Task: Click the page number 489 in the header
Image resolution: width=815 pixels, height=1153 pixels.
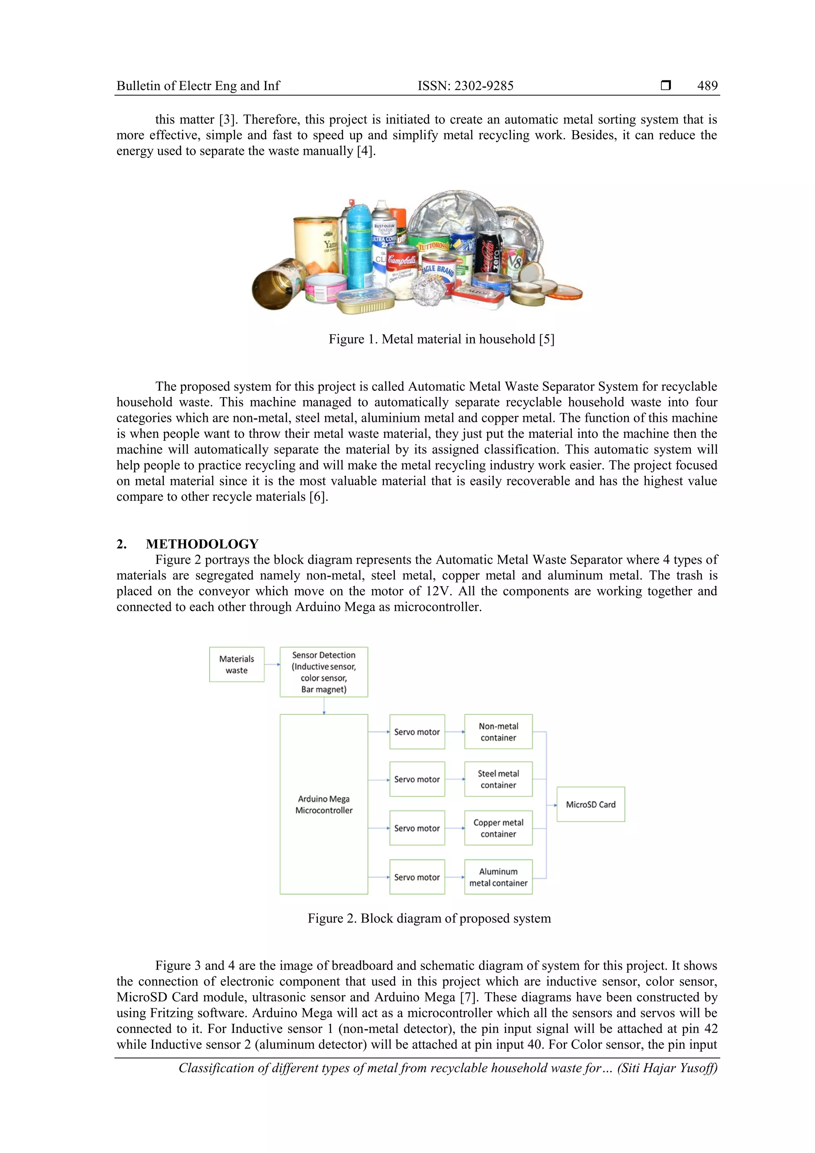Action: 707,86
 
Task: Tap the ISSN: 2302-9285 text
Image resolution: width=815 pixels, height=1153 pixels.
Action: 466,86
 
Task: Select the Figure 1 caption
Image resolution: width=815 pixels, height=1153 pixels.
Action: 441,339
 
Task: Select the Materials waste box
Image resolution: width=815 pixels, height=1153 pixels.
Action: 236,664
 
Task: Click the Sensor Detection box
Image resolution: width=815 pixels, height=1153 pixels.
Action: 324,672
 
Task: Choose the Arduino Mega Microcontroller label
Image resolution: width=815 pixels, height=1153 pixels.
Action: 324,804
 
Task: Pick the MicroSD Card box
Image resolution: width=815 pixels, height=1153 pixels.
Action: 591,804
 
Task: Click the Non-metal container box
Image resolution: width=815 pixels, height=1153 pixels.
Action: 498,732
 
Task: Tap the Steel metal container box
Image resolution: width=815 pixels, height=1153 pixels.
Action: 498,779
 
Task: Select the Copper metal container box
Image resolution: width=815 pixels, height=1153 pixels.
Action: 498,828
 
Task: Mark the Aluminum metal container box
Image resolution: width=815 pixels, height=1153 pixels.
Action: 498,877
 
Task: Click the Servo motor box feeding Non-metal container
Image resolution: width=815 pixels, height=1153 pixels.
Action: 417,732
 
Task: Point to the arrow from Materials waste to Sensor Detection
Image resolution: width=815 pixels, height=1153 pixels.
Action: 272,664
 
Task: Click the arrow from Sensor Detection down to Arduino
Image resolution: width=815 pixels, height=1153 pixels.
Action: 324,706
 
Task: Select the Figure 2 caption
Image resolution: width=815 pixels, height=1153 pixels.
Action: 429,919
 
